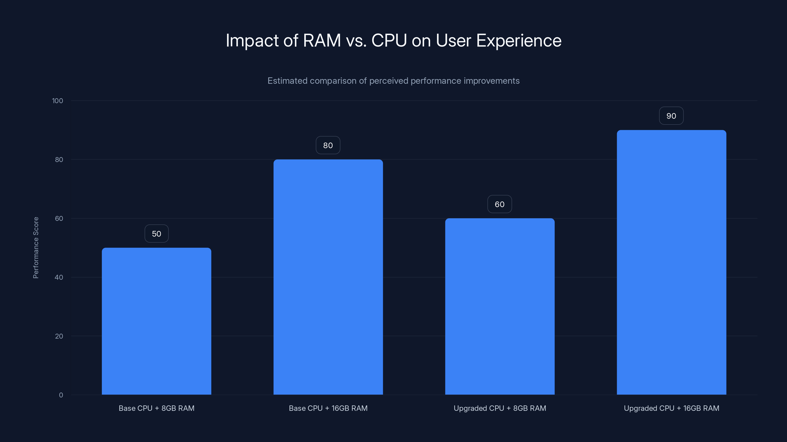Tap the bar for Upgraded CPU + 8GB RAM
point(499,306)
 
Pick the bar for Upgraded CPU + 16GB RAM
point(671,262)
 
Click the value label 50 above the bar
point(156,234)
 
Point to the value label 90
point(671,116)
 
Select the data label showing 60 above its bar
point(499,204)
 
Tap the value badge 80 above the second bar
point(328,146)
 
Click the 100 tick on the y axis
point(58,101)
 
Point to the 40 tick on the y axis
point(59,277)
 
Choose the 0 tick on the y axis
point(61,395)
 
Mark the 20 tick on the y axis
point(59,336)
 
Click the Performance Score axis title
point(36,248)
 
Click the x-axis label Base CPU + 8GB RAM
point(156,408)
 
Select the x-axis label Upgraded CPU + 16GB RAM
point(671,408)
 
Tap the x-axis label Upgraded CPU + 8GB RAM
point(499,408)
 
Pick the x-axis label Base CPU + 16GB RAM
point(328,408)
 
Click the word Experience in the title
point(518,41)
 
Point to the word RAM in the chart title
point(321,41)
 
